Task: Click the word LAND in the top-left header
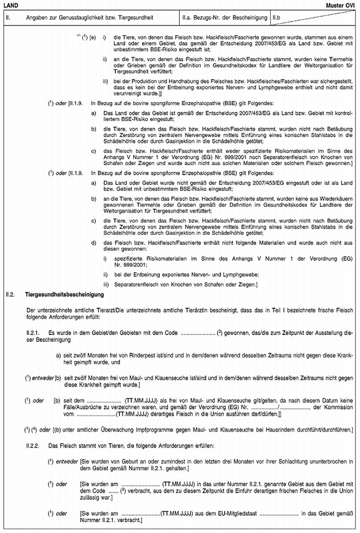10,4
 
